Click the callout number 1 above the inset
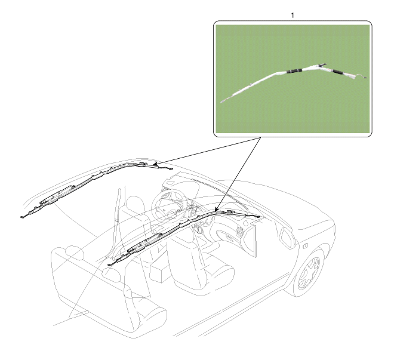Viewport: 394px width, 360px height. click(293, 16)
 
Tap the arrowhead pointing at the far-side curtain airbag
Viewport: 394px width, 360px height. click(155, 165)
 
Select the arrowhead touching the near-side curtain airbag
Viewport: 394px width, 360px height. click(217, 208)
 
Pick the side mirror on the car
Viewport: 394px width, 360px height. click(287, 237)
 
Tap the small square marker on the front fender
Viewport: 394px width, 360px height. click(305, 246)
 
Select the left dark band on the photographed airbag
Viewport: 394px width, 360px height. click(294, 71)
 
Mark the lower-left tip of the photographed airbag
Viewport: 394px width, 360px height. click(221, 102)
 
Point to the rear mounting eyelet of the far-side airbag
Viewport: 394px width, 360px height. click(22, 217)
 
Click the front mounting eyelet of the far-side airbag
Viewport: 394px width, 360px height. click(171, 169)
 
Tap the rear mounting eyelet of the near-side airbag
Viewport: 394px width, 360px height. click(110, 264)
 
